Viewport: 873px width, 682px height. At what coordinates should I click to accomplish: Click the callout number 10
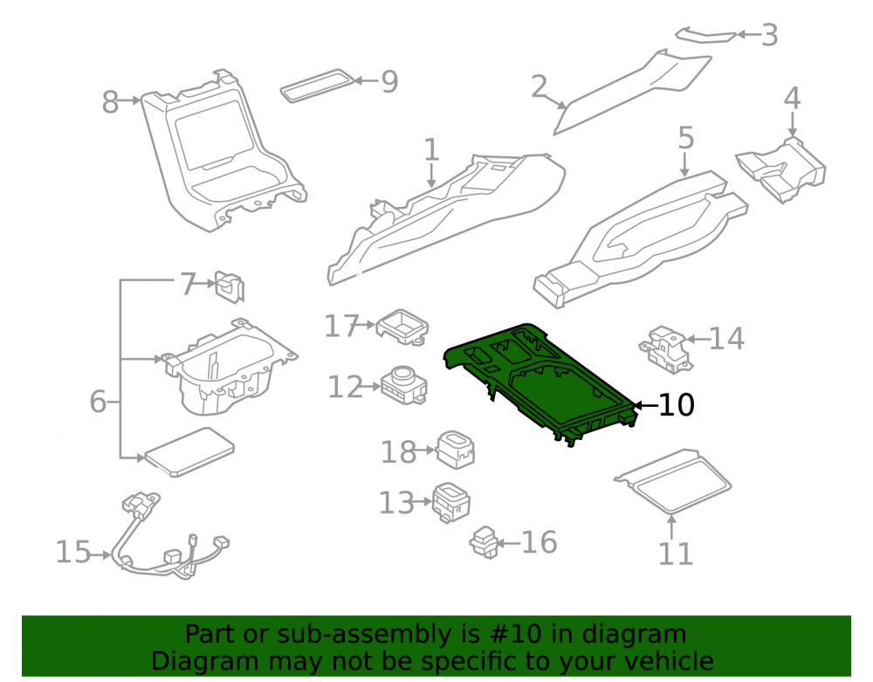pyautogui.click(x=677, y=404)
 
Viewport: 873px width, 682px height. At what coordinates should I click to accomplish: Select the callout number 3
pyautogui.click(x=769, y=35)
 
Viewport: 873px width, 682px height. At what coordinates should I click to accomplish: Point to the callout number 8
pyautogui.click(x=110, y=102)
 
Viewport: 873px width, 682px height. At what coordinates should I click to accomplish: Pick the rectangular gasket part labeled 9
pyautogui.click(x=317, y=86)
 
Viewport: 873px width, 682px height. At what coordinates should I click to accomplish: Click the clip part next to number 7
pyautogui.click(x=230, y=286)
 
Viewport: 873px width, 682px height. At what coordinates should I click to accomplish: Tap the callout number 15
pyautogui.click(x=73, y=552)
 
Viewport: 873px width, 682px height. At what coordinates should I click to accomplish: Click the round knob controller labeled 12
pyautogui.click(x=405, y=385)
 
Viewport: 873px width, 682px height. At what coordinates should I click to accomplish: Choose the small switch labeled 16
pyautogui.click(x=485, y=542)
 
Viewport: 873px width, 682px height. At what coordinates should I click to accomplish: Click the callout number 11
pyautogui.click(x=676, y=554)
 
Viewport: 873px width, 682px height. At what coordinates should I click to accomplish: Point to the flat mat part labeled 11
pyautogui.click(x=672, y=481)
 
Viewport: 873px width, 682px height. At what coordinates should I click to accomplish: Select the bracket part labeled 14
pyautogui.click(x=666, y=349)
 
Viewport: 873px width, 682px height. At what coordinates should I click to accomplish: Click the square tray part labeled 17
pyautogui.click(x=402, y=327)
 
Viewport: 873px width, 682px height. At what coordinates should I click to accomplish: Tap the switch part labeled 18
pyautogui.click(x=456, y=449)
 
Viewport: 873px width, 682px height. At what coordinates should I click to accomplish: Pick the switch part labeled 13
pyautogui.click(x=451, y=502)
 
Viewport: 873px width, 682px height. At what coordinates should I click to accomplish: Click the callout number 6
pyautogui.click(x=98, y=402)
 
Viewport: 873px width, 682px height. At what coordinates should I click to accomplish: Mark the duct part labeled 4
pyautogui.click(x=781, y=169)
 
